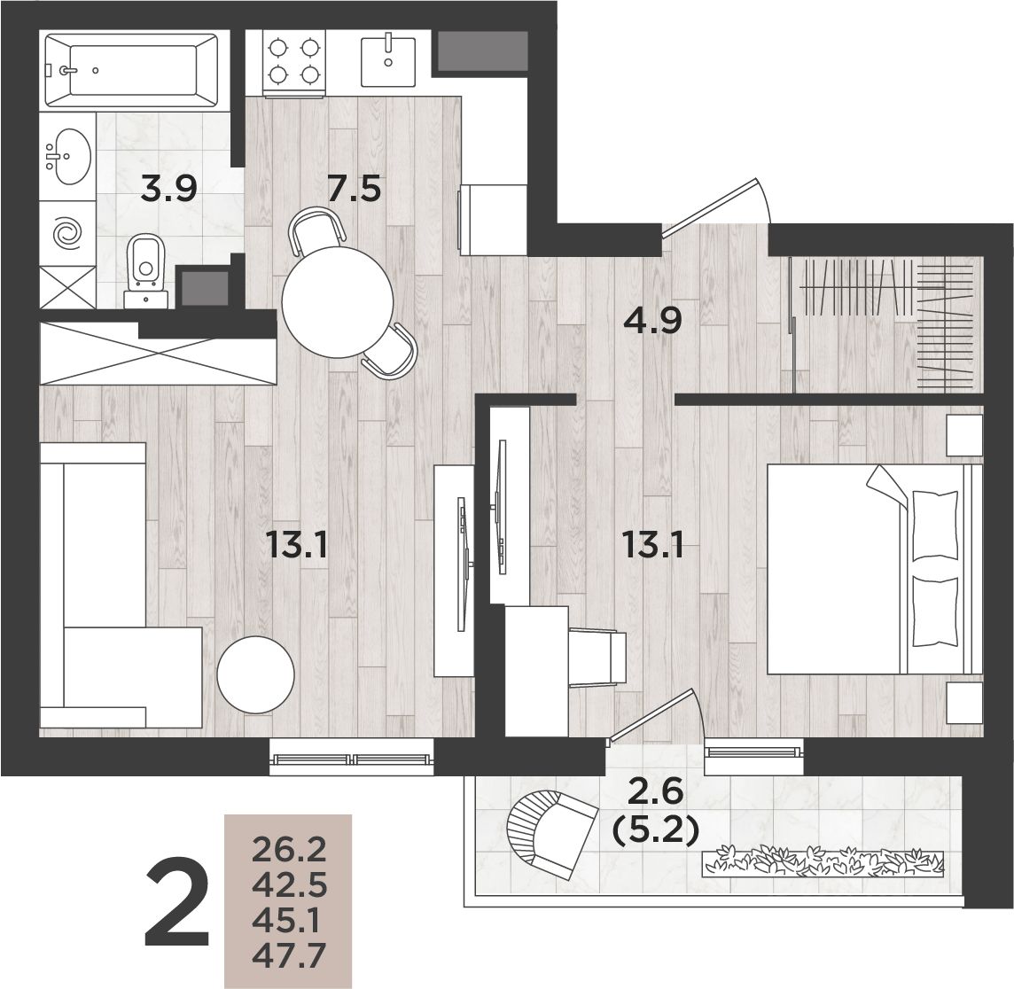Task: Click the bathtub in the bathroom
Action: point(134,70)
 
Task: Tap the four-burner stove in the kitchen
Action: point(294,63)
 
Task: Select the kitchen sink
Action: point(388,61)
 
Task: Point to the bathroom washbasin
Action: point(68,157)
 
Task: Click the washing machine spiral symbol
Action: point(68,233)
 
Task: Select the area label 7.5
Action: point(354,190)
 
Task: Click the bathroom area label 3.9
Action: point(169,190)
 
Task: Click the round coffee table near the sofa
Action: point(256,675)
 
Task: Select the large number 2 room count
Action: point(177,904)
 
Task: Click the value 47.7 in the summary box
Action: point(288,955)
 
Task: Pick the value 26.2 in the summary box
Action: point(288,851)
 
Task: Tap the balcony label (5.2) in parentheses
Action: point(655,830)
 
